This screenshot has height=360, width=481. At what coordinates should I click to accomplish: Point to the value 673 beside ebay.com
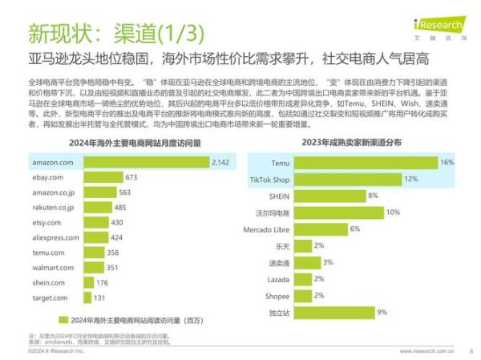(x=131, y=177)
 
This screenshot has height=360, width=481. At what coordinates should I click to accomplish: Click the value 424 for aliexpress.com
(x=117, y=237)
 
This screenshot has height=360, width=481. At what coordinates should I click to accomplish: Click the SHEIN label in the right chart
(x=277, y=196)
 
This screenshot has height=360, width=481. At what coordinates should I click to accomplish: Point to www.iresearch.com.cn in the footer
(x=426, y=350)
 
